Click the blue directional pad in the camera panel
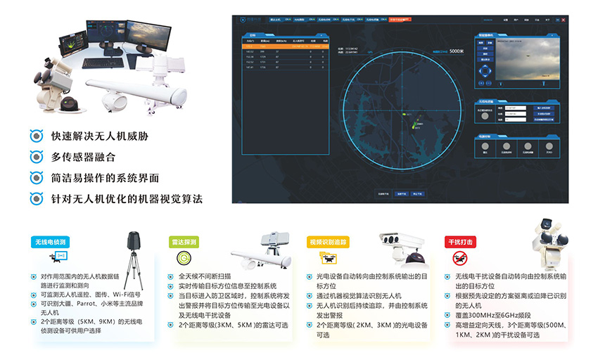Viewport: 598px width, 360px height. [x=486, y=71]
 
